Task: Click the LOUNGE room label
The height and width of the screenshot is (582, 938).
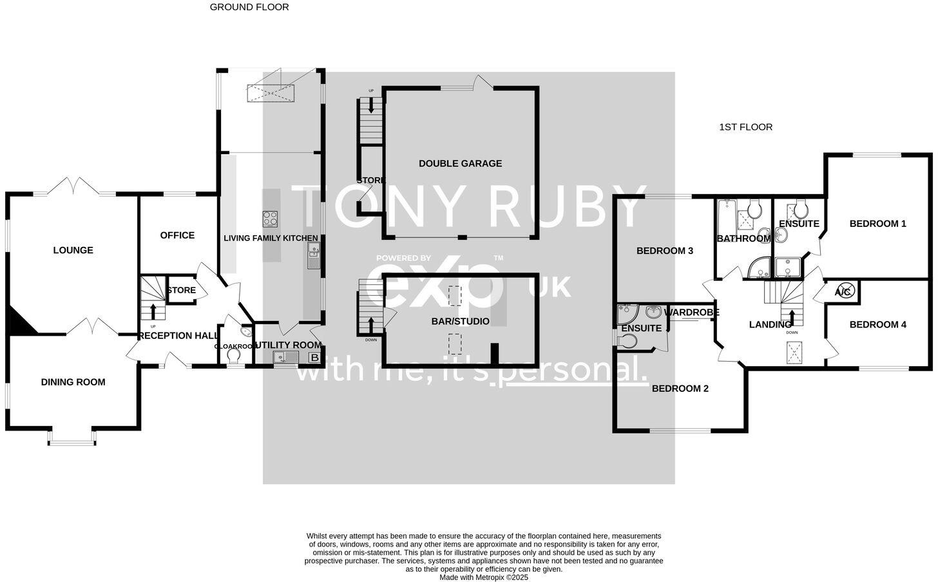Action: (73, 250)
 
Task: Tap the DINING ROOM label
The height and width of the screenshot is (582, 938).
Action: (73, 382)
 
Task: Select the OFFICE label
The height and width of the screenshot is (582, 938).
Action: (177, 235)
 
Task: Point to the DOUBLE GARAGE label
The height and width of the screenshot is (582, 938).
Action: (460, 163)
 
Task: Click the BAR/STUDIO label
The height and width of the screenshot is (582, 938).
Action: (460, 321)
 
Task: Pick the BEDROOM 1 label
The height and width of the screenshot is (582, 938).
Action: (877, 224)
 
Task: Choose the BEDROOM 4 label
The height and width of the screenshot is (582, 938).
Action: (877, 324)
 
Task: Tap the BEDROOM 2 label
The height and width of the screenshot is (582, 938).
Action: (680, 388)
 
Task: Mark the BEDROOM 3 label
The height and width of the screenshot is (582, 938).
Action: (664, 251)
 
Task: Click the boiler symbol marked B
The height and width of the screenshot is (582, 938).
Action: (314, 358)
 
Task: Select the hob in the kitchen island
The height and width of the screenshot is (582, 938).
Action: (271, 218)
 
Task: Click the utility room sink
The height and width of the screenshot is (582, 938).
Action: (285, 358)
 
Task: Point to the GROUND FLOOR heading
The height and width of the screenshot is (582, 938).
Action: (249, 7)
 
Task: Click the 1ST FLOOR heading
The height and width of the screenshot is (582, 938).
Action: (745, 127)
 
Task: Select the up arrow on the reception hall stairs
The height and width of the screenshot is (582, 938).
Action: (153, 311)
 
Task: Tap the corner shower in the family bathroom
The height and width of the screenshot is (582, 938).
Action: (758, 267)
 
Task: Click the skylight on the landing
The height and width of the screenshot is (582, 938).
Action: (792, 351)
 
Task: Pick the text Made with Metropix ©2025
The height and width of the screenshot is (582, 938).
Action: (483, 577)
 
